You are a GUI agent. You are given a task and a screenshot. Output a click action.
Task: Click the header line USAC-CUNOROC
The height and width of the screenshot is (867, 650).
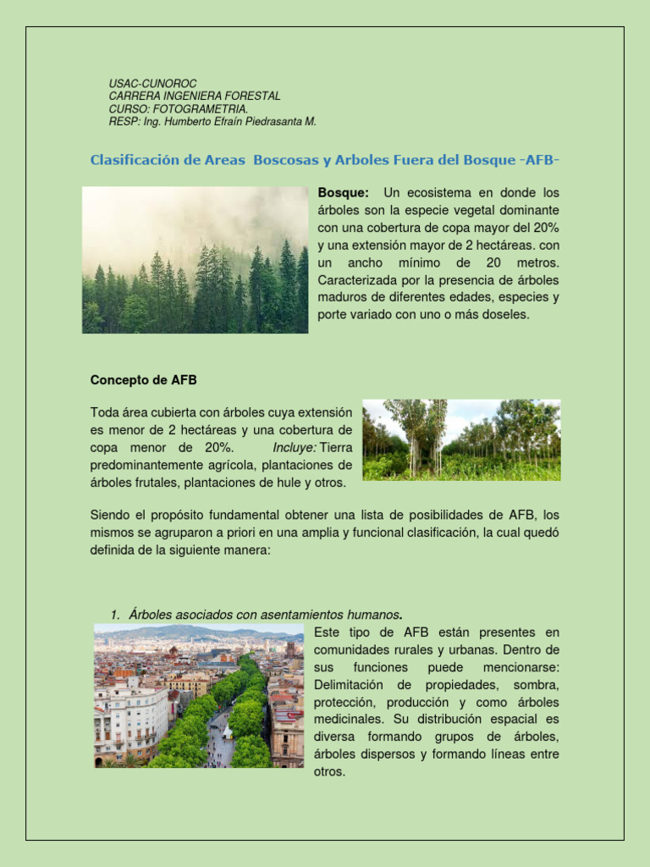(152, 84)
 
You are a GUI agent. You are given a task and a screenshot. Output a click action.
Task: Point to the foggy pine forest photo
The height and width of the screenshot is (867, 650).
(195, 260)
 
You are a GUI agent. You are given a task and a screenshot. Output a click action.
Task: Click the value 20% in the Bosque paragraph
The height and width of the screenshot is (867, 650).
(545, 228)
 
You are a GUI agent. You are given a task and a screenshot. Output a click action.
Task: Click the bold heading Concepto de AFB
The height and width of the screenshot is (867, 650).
(143, 380)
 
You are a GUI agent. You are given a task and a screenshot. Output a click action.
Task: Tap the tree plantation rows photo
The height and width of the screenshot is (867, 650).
(461, 439)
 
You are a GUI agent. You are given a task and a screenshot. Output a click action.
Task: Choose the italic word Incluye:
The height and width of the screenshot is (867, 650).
(295, 448)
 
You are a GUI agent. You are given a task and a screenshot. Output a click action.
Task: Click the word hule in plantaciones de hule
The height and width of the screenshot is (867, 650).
(273, 483)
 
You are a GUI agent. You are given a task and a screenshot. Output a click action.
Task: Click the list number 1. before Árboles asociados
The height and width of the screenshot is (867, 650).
(116, 615)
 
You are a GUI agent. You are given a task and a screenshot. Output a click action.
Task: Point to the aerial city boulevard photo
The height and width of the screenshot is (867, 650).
(198, 696)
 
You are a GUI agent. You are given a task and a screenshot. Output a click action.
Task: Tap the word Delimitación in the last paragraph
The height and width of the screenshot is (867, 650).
(345, 685)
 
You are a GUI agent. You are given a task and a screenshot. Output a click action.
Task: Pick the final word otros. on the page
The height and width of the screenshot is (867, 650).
(329, 772)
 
